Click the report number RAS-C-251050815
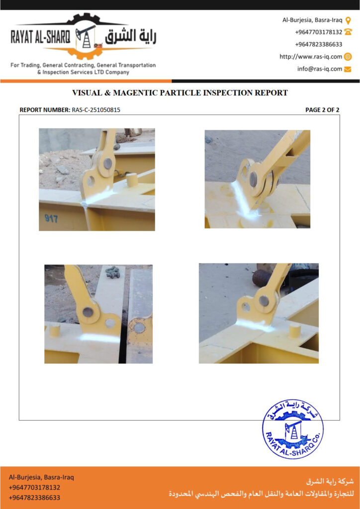(x=96, y=110)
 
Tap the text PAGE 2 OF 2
(x=322, y=110)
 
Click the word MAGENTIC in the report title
(x=136, y=93)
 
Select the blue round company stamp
(x=292, y=429)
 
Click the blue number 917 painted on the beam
(x=52, y=218)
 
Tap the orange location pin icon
(x=348, y=21)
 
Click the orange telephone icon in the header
(x=348, y=32)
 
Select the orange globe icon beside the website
(x=348, y=57)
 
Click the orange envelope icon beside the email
(x=348, y=69)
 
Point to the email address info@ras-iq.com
(x=319, y=69)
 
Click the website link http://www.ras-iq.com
(x=311, y=57)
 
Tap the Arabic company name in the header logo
(x=130, y=37)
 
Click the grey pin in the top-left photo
(x=108, y=163)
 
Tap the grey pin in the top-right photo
(x=253, y=179)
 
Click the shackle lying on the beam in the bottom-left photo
(x=113, y=272)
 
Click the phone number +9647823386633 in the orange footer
(x=34, y=498)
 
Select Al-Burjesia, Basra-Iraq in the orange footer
(x=41, y=478)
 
